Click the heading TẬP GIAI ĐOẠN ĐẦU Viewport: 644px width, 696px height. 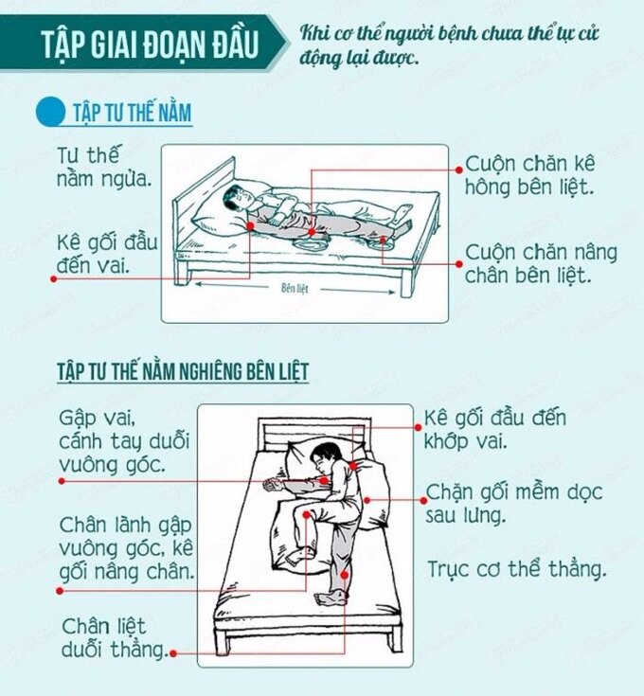point(150,44)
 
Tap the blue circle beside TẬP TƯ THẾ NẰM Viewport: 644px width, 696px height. point(50,112)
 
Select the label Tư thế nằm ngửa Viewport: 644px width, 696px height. point(104,167)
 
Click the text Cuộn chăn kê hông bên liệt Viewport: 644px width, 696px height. point(529,175)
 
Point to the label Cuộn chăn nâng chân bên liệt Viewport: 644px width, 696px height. point(541,263)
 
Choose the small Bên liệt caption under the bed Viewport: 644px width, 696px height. point(295,289)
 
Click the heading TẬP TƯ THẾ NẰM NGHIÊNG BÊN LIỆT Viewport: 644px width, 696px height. point(183,371)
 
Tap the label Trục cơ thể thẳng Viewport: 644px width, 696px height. point(516,568)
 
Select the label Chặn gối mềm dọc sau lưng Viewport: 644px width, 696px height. point(514,504)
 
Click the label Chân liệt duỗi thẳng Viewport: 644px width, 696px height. point(115,637)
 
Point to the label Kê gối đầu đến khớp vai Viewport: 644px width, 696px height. point(495,430)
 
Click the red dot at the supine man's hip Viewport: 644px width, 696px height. point(312,232)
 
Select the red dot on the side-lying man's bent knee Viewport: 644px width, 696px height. point(307,514)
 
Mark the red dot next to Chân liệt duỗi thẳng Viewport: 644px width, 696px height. point(173,653)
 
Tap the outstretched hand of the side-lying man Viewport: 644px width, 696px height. point(271,485)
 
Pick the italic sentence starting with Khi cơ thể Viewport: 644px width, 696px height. point(449,45)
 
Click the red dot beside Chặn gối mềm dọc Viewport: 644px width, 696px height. point(424,500)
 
